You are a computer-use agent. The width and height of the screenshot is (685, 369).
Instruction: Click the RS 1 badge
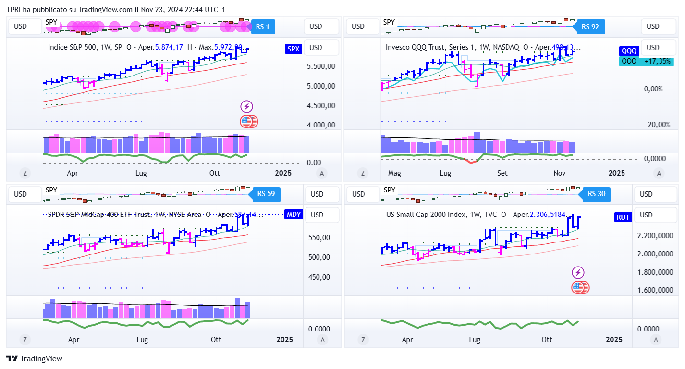(x=263, y=27)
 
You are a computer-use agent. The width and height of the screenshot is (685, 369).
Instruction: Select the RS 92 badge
(x=590, y=27)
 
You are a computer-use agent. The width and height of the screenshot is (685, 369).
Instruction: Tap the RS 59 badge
(x=266, y=194)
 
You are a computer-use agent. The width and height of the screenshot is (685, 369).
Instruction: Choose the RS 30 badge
(x=596, y=194)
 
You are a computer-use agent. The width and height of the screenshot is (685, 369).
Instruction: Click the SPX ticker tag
(x=293, y=49)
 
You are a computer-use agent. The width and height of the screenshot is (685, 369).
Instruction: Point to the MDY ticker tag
(x=294, y=215)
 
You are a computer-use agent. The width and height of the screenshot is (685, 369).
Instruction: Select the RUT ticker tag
(x=623, y=217)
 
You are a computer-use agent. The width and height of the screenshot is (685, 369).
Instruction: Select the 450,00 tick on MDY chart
(x=318, y=277)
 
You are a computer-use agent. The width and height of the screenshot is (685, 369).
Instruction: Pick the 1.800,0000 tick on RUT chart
(x=655, y=272)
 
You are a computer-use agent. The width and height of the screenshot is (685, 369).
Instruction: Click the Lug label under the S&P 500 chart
(x=141, y=173)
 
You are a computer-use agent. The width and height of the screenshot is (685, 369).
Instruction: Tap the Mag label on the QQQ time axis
(x=394, y=173)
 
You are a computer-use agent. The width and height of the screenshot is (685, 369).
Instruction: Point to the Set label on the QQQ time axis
(x=502, y=173)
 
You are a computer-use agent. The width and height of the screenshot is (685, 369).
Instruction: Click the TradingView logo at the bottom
(x=34, y=358)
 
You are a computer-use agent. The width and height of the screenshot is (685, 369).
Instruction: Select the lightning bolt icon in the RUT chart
(x=578, y=273)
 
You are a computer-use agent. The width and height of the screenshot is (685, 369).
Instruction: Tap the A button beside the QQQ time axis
(x=659, y=173)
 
